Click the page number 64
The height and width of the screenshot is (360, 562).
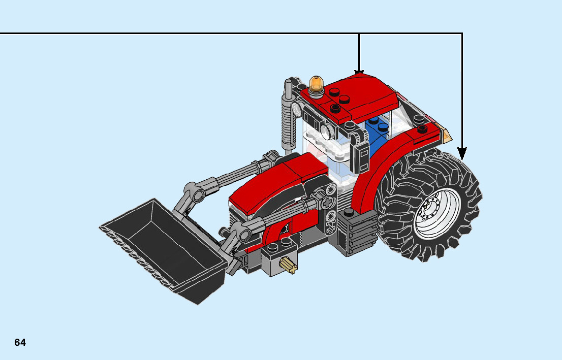(x=20, y=342)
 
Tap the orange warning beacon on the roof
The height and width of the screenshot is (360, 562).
(x=316, y=84)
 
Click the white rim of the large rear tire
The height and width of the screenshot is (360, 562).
(x=437, y=213)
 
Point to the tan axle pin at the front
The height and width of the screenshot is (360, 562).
(x=289, y=266)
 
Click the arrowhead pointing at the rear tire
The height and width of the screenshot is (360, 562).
(x=462, y=153)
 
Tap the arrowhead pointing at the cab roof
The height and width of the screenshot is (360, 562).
(x=359, y=73)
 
